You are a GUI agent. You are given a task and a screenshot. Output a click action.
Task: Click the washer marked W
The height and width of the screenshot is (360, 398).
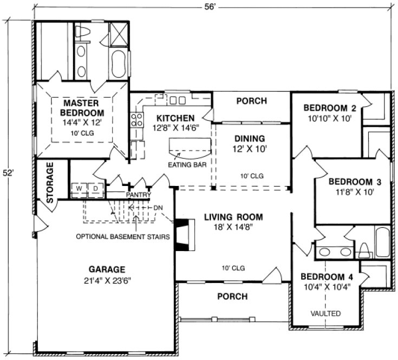pyautogui.click(x=79, y=189)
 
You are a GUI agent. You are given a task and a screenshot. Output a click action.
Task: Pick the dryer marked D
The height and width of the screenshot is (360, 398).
pyautogui.click(x=95, y=189)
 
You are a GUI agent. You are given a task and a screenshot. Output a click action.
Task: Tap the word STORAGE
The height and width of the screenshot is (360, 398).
pyautogui.click(x=50, y=183)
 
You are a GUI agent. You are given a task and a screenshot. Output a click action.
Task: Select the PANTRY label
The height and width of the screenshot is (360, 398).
pyautogui.click(x=138, y=195)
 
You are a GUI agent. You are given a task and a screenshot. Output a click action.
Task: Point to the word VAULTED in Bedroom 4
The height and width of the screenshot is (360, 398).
pyautogui.click(x=325, y=313)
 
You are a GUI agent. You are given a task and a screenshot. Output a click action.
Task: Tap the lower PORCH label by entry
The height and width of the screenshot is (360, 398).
pyautogui.click(x=232, y=297)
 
